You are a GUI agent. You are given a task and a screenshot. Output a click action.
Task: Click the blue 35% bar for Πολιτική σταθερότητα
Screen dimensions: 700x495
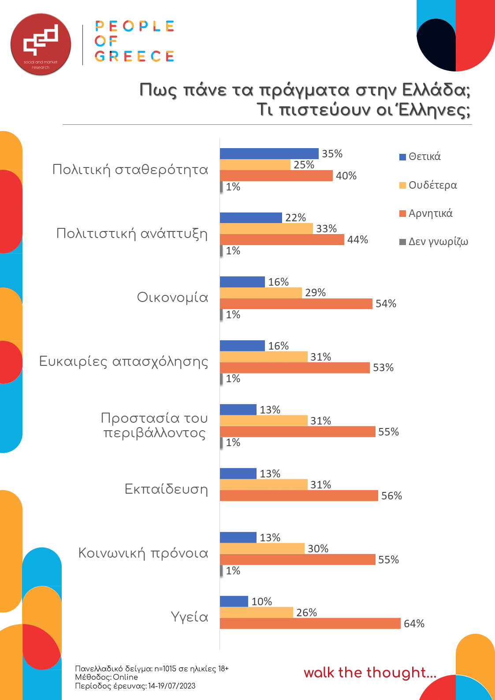coord(269,153)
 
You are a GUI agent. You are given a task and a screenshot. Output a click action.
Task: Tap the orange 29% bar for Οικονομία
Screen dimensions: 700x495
coord(261,293)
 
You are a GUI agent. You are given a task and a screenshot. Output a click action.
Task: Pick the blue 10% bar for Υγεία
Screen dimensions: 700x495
coord(234,601)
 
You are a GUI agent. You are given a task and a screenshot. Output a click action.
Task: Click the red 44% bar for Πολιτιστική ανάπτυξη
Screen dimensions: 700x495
coord(282,239)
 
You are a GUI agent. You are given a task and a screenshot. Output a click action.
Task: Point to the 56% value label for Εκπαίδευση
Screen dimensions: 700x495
coord(391,496)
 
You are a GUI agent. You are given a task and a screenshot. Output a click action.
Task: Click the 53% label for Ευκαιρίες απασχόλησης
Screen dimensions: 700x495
coord(383,368)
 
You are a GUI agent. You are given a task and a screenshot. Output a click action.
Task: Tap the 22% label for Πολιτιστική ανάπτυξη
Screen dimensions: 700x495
coord(295,218)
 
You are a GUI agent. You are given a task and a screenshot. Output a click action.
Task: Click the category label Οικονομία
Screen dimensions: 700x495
coord(172,298)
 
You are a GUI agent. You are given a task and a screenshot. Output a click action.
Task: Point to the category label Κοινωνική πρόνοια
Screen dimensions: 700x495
coord(143,553)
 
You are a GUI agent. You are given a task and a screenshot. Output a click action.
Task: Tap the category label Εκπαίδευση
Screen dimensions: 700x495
coord(166,489)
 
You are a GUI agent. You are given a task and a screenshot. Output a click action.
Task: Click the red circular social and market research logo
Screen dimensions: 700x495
coord(41,44)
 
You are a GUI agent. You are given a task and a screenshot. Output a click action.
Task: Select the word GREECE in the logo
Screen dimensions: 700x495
coord(134,56)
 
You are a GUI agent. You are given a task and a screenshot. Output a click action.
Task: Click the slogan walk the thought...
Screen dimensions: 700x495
coord(369,673)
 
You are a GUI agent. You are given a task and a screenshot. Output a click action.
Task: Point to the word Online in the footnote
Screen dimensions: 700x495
coord(126,677)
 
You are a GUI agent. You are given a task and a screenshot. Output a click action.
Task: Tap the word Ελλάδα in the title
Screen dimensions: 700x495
coord(436,90)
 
